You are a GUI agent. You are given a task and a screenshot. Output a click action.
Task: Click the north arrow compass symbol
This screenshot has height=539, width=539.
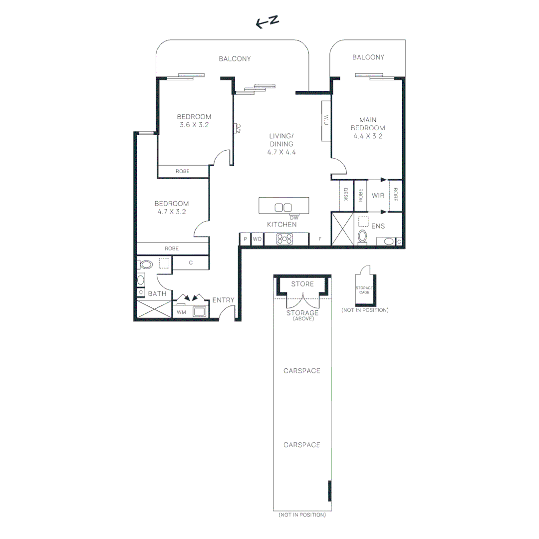[267, 22]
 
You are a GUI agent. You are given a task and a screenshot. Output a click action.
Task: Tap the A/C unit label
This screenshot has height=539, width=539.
[239, 129]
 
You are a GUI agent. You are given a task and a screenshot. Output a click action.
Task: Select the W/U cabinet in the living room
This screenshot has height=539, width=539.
[326, 120]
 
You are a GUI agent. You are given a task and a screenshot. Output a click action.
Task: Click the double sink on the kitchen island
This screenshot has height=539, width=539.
[283, 207]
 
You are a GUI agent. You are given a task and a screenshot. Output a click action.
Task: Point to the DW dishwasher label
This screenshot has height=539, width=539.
[294, 217]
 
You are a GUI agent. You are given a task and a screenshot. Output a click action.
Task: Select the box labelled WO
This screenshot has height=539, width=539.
[257, 240]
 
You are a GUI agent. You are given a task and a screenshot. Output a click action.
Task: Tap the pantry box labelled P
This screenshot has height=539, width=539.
[245, 240]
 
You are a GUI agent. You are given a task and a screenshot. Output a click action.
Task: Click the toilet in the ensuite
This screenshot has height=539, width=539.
[363, 236]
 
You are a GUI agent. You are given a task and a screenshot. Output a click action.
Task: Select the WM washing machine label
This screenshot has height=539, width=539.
[181, 312]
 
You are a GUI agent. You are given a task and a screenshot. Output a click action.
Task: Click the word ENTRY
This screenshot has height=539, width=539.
[223, 300]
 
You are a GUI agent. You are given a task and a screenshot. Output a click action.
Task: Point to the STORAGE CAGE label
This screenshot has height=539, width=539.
[364, 290]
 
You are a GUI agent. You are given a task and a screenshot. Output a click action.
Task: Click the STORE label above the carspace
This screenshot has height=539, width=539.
[302, 284]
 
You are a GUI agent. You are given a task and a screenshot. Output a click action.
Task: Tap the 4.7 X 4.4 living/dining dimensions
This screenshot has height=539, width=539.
[281, 152]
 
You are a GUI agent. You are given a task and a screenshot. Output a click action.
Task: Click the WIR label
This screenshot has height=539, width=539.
[378, 196]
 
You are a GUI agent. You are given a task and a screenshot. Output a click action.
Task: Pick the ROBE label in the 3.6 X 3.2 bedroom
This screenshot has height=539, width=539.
[183, 171]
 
